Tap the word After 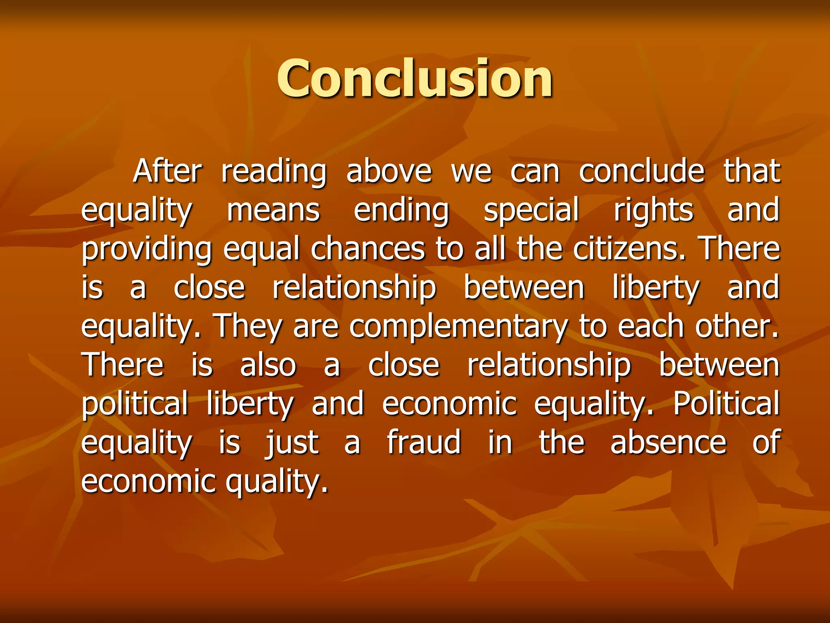pos(167,171)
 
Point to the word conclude pos(642,171)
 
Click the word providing pos(146,249)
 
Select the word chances pos(368,249)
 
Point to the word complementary pos(458,327)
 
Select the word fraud pos(424,442)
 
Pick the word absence pos(668,442)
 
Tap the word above pos(389,171)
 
